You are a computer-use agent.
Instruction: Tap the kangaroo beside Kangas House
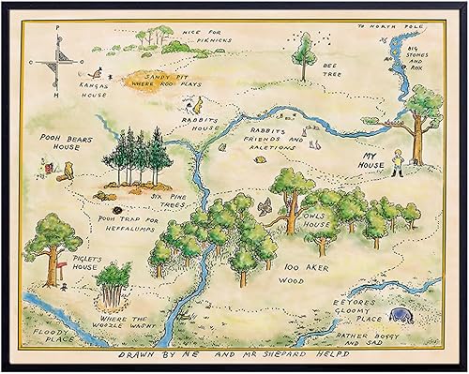tap(94, 71)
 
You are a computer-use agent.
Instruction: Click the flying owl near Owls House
tap(267, 203)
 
